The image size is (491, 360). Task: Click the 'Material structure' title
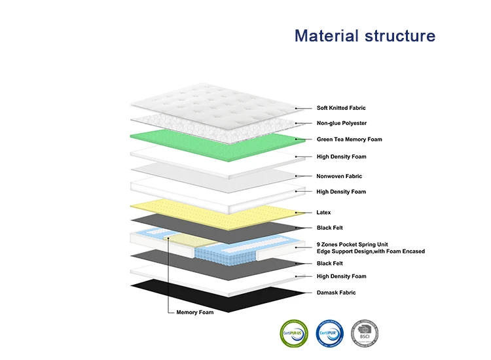[365, 35]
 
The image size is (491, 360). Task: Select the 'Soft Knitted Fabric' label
[341, 108]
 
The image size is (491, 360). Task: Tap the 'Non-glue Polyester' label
[342, 123]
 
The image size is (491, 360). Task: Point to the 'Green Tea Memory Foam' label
[349, 139]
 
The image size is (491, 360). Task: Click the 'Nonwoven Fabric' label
[339, 176]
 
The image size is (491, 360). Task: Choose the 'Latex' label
[324, 212]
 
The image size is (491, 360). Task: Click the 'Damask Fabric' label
[336, 293]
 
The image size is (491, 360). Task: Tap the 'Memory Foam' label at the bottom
[195, 312]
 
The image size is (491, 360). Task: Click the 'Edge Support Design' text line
[371, 251]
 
